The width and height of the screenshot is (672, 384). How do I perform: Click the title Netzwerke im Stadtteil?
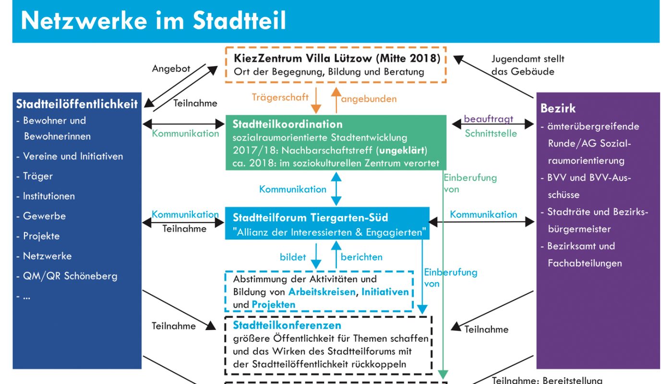click(154, 21)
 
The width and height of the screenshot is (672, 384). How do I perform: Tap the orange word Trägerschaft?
click(280, 97)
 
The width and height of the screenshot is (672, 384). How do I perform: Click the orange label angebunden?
click(369, 99)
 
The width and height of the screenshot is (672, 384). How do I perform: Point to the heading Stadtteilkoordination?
click(288, 124)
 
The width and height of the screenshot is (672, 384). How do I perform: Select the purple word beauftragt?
click(488, 119)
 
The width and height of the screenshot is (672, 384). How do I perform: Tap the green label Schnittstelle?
click(491, 133)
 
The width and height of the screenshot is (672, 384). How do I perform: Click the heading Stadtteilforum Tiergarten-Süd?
click(311, 217)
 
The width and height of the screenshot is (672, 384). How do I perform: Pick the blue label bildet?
click(293, 257)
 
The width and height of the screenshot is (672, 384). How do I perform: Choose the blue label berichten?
click(361, 257)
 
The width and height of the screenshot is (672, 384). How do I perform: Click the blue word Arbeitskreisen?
click(322, 292)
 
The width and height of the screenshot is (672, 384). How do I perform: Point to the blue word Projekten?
click(274, 305)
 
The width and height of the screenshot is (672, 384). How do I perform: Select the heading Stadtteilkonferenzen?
click(287, 325)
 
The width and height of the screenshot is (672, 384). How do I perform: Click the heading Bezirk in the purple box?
click(558, 108)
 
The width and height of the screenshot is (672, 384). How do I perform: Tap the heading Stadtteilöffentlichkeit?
click(77, 104)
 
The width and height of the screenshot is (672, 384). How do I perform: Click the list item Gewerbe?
click(44, 216)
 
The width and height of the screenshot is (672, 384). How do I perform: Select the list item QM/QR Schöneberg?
click(70, 276)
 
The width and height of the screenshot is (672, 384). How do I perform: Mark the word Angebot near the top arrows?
click(171, 69)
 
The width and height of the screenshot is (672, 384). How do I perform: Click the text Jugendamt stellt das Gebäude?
click(528, 65)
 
